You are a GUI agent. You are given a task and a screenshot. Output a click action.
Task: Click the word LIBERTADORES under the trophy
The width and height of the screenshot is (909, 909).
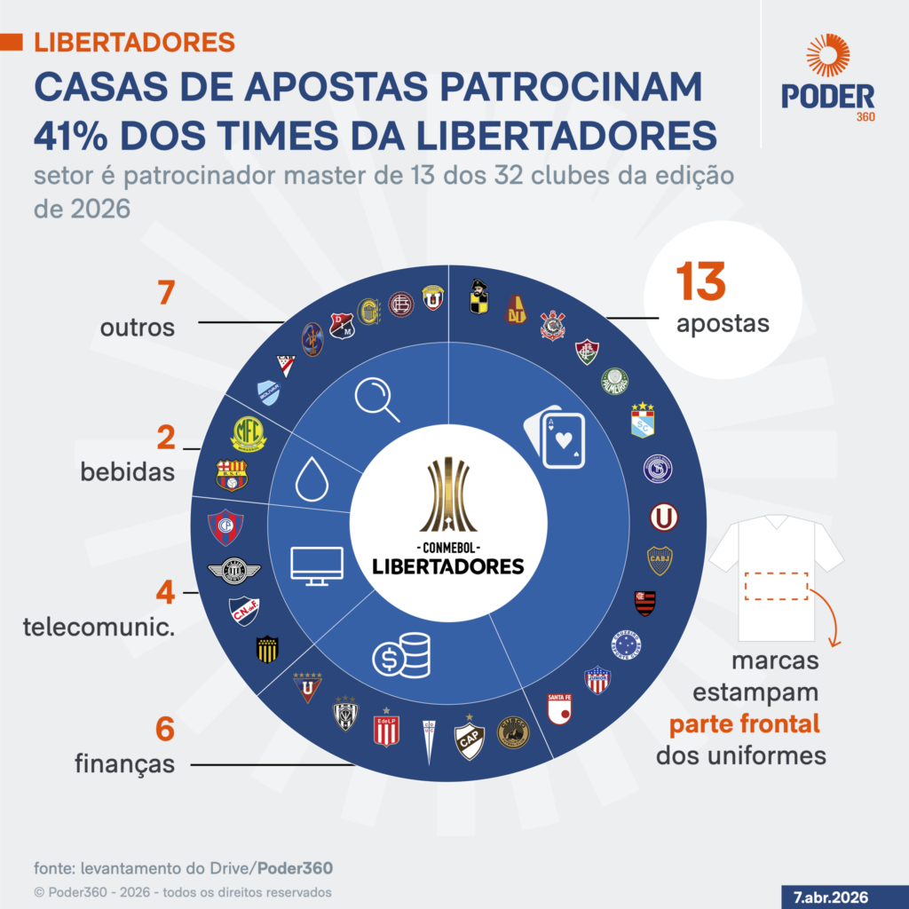(x=447, y=565)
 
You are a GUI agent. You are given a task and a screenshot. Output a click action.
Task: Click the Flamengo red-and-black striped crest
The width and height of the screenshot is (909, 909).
(x=644, y=602)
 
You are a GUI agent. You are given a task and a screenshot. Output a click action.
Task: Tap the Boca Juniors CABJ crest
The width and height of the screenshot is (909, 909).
(x=660, y=559)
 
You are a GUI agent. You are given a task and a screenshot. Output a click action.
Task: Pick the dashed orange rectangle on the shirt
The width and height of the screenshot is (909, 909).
(x=775, y=586)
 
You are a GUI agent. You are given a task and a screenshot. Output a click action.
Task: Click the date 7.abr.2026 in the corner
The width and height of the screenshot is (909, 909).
(x=831, y=894)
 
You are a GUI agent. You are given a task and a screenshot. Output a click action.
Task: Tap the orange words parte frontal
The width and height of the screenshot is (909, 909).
(x=744, y=724)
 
